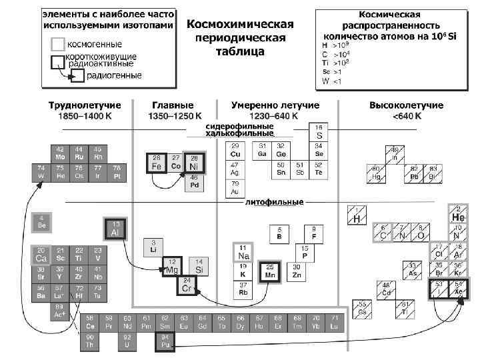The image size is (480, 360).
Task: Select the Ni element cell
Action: [x=195, y=163]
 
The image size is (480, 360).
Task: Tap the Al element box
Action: [x=115, y=229]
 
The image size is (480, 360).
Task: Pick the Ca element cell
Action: [x=41, y=255]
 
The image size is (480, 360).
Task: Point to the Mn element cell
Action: [x=270, y=271]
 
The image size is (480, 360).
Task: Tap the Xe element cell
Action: [x=458, y=289]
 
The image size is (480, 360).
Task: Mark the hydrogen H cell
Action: [x=357, y=215]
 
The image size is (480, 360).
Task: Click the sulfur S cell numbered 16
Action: [x=319, y=131]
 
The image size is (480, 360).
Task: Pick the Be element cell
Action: [x=41, y=222]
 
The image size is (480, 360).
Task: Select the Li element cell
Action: [x=153, y=247]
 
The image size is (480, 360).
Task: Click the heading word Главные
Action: [x=173, y=105]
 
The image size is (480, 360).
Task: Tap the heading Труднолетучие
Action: [x=84, y=105]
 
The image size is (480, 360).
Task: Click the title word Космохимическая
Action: [x=240, y=24]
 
